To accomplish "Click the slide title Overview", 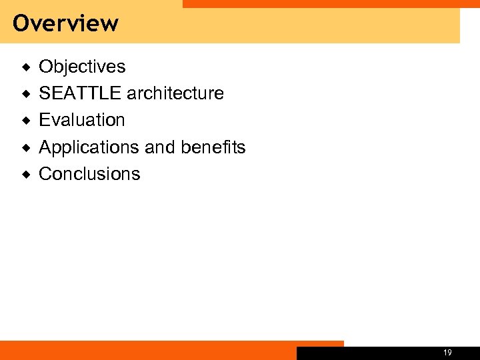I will click(65, 23).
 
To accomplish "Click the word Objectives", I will click(82, 67).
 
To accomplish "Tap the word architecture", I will click(175, 93).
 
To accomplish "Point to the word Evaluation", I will click(82, 120).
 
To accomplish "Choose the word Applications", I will click(90, 147).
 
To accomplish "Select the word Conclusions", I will click(89, 174).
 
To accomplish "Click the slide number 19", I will click(447, 353).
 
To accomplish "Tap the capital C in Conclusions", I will click(45, 174).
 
